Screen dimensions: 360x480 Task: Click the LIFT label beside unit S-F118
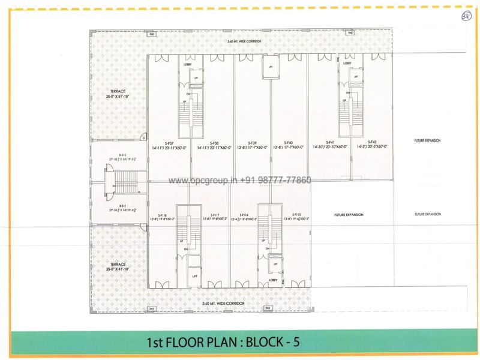pos(195,276)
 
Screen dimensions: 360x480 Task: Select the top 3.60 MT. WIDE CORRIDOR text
pos(241,41)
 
